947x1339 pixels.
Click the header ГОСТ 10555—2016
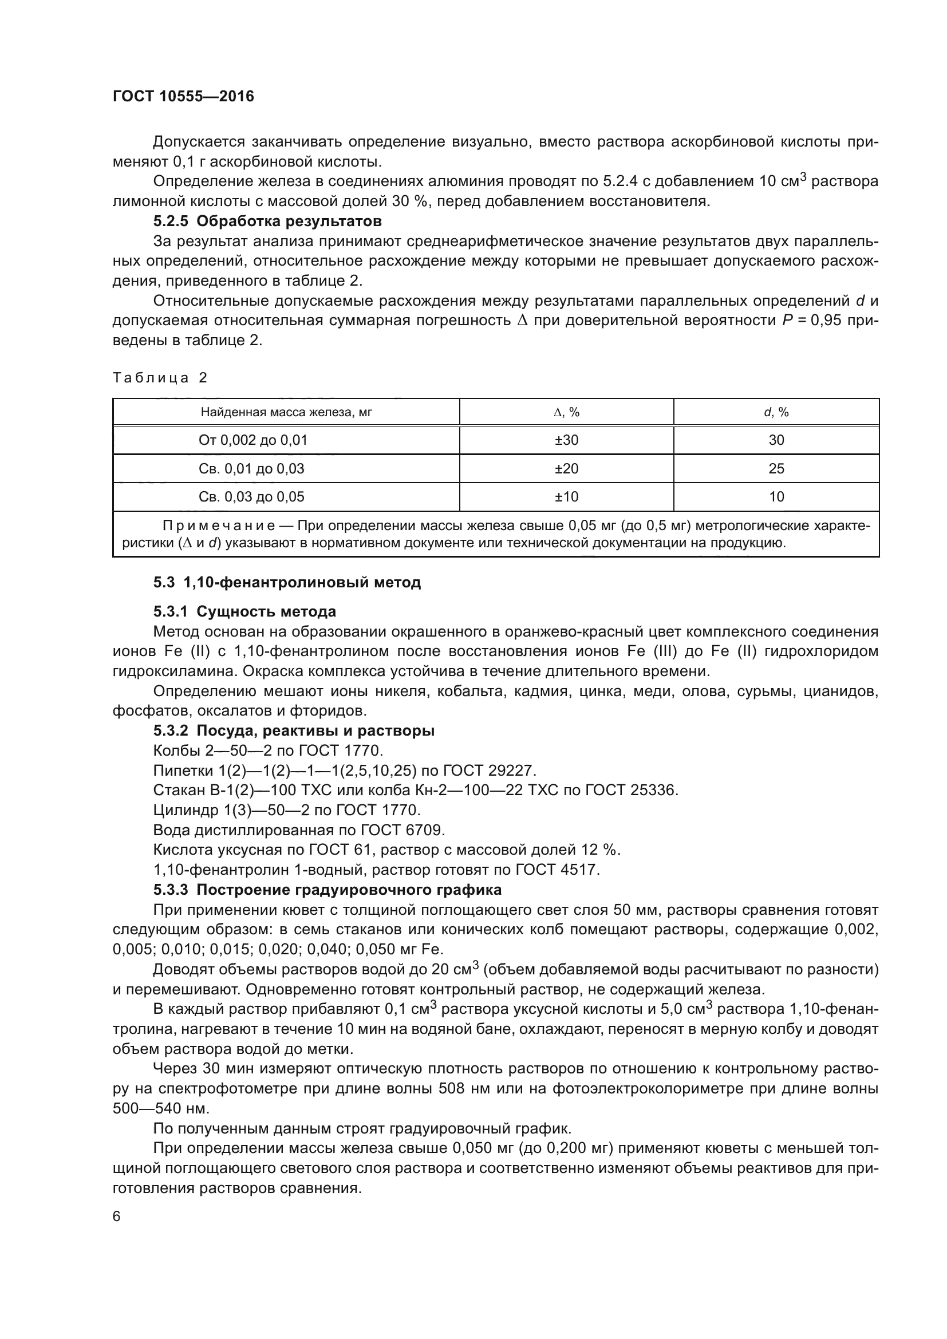(183, 96)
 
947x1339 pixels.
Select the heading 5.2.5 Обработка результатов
(267, 222)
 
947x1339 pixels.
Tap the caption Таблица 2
(160, 378)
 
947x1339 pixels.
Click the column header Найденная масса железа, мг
(286, 412)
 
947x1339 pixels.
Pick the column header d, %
(776, 412)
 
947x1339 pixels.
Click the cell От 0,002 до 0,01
(252, 440)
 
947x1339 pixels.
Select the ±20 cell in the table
(566, 469)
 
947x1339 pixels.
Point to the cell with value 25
(776, 469)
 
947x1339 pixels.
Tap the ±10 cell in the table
(566, 497)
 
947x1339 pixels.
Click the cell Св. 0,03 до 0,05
(251, 497)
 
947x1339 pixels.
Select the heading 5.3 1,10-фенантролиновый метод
(287, 583)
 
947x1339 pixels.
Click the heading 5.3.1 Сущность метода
(245, 612)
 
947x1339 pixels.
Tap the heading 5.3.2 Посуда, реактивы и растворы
(294, 730)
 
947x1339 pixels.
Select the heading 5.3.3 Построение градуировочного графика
(327, 890)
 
